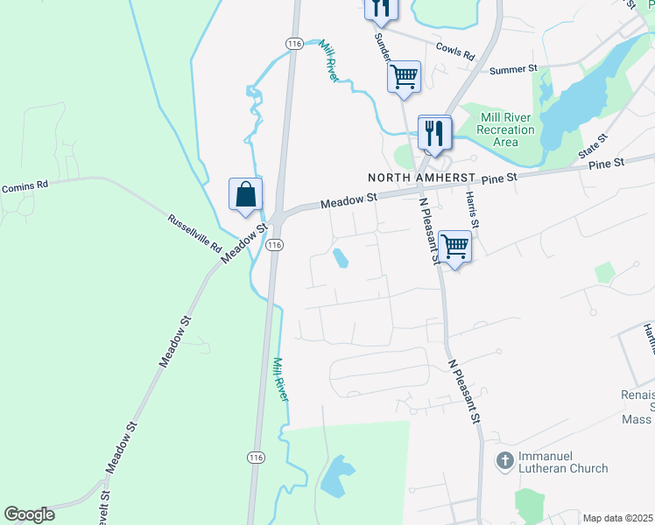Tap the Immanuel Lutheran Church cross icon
[504, 459]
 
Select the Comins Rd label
[25, 186]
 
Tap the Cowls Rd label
[454, 52]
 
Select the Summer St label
[513, 69]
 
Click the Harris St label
[473, 210]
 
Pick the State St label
[594, 145]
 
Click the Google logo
[29, 514]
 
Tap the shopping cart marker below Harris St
[454, 246]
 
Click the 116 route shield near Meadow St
[275, 246]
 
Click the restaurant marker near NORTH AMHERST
[433, 132]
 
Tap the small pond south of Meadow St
[339, 258]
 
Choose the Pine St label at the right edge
[606, 164]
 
